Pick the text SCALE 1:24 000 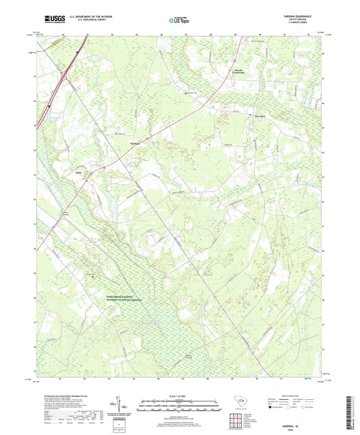pyautogui.click(x=180, y=395)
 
